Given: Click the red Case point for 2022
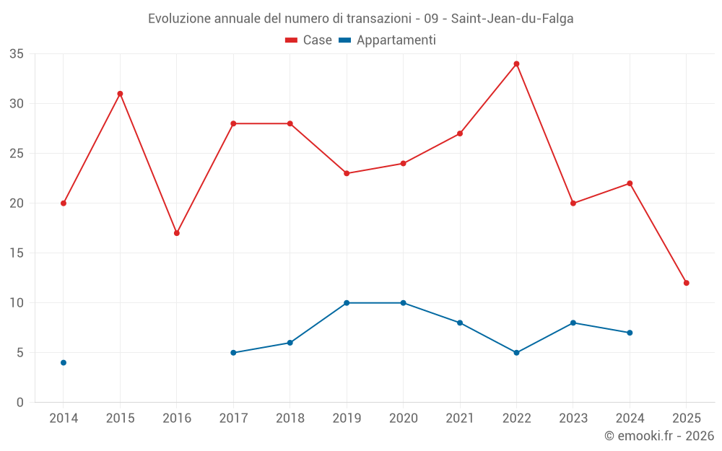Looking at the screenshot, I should (516, 64).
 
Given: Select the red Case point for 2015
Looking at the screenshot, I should (120, 94).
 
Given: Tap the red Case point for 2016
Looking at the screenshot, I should (176, 233).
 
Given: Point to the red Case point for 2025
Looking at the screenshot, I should (686, 283).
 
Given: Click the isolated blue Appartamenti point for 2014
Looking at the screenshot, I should (64, 362).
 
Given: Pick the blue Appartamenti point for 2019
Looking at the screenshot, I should (347, 303).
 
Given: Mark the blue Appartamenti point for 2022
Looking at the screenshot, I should (516, 353).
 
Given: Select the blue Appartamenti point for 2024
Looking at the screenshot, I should (630, 333).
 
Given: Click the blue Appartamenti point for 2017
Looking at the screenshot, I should (233, 353).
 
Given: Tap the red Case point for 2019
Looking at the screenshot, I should (347, 173).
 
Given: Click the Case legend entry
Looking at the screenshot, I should (309, 40).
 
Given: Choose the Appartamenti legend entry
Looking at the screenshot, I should (388, 40).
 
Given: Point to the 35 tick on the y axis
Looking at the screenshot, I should (17, 54).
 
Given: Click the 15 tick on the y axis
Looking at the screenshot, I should (17, 253).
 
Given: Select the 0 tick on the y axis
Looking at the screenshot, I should (20, 403).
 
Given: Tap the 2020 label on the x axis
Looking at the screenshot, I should (403, 419).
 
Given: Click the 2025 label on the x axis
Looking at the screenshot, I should (686, 419).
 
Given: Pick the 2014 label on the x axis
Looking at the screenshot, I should (64, 419).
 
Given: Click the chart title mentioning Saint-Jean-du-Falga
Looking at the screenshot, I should (361, 19).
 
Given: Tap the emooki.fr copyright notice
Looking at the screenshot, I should (659, 436).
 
